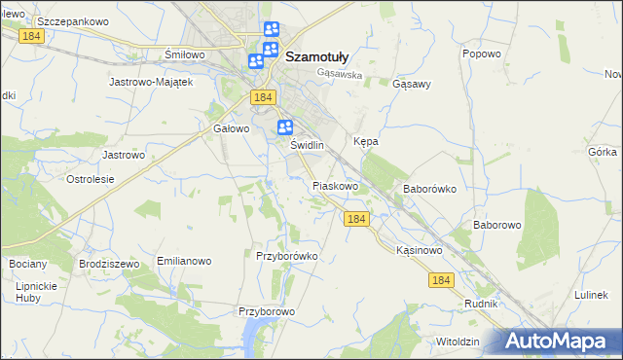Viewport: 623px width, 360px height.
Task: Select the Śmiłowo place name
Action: pos(185,54)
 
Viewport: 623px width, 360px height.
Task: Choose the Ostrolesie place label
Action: pos(91,179)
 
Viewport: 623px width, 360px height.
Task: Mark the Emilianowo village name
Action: pos(184,262)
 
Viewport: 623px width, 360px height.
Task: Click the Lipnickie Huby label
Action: pos(37,292)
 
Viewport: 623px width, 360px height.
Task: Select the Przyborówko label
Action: pos(287,256)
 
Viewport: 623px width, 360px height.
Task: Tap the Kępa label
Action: pos(366,141)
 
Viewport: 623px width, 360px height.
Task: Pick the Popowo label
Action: pos(481,54)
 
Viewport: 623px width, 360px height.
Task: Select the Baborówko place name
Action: pos(429,190)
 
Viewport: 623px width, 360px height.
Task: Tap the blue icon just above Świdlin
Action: pos(285,126)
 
